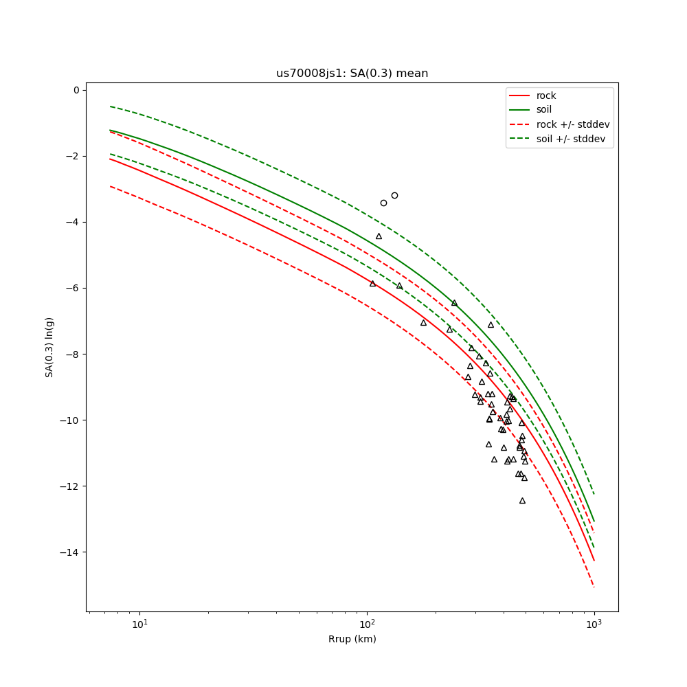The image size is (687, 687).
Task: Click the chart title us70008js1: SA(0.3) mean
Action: (x=352, y=74)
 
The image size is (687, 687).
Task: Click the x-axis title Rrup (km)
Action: (x=352, y=639)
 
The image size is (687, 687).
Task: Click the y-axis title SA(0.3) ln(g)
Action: (x=49, y=347)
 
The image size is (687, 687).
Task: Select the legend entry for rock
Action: (x=546, y=95)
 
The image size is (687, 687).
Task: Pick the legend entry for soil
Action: (x=544, y=110)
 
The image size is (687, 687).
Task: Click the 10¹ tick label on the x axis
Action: (x=139, y=624)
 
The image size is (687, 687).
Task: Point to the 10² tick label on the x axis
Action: (x=367, y=624)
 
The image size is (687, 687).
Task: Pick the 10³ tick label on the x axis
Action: (x=594, y=624)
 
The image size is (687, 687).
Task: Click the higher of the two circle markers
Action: (x=394, y=195)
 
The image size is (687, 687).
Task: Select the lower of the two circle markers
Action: (x=383, y=203)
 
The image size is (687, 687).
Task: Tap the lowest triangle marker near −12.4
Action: (x=522, y=501)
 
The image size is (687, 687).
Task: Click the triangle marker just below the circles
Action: (x=379, y=236)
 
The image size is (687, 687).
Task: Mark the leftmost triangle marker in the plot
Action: (x=372, y=284)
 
